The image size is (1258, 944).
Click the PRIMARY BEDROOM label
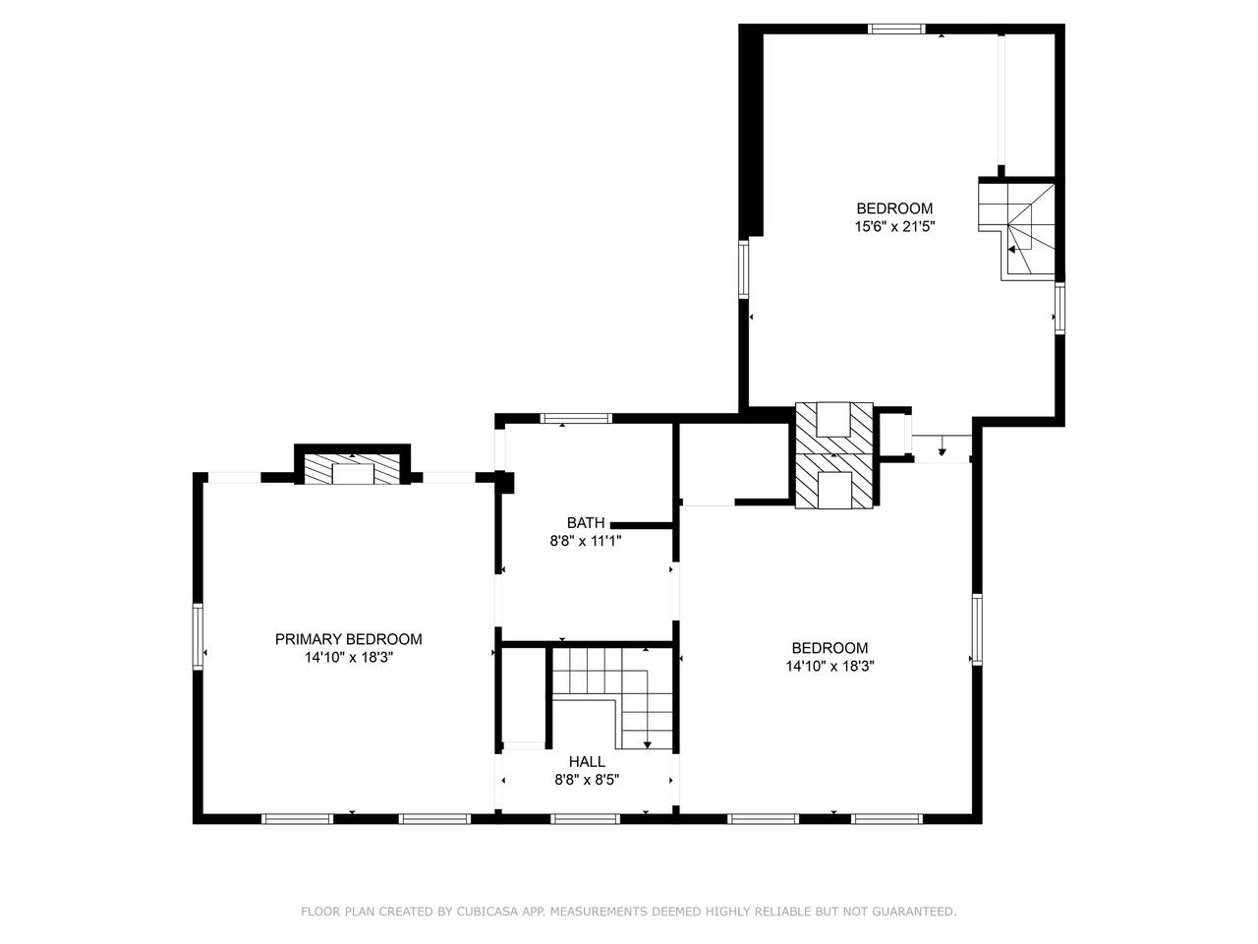click(349, 639)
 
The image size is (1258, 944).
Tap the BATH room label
click(585, 523)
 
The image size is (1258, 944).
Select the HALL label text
click(587, 762)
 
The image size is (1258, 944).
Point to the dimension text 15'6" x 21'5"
click(894, 226)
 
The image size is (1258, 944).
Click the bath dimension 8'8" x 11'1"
click(586, 541)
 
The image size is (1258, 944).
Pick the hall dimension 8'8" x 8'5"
click(587, 780)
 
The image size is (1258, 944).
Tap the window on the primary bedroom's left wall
click(198, 636)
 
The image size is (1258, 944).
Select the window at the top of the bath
click(576, 419)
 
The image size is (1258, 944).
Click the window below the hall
click(585, 819)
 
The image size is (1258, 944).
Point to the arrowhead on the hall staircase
click(648, 744)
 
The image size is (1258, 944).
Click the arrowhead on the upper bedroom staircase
click(1011, 250)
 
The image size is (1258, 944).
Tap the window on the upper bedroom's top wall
click(897, 29)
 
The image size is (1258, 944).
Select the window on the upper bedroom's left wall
click(743, 268)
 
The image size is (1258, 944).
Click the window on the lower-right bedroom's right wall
click(977, 628)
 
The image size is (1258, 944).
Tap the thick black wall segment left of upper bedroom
click(751, 131)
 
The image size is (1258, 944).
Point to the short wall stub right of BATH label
click(642, 524)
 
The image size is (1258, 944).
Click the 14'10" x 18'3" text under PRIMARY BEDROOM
click(349, 658)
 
